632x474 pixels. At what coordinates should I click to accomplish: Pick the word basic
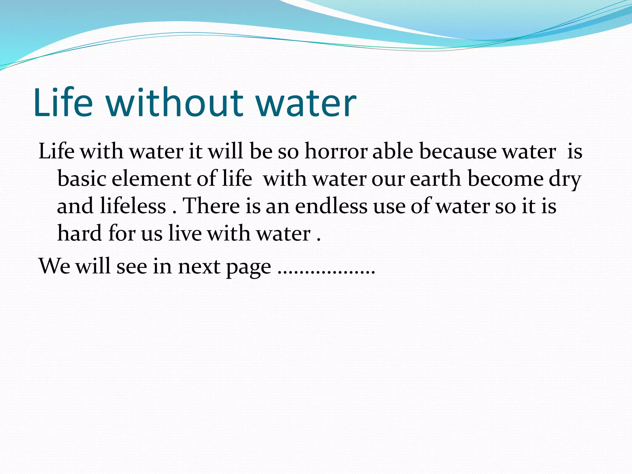[x=82, y=179]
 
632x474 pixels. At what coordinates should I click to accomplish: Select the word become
[x=505, y=179]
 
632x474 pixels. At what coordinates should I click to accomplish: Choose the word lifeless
[x=133, y=206]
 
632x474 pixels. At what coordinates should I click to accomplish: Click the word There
[x=211, y=206]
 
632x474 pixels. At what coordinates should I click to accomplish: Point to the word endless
[x=331, y=206]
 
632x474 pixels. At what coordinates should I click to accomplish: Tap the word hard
[x=80, y=233]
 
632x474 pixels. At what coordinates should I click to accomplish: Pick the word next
[x=199, y=266]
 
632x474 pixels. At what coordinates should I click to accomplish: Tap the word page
[x=249, y=267]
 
